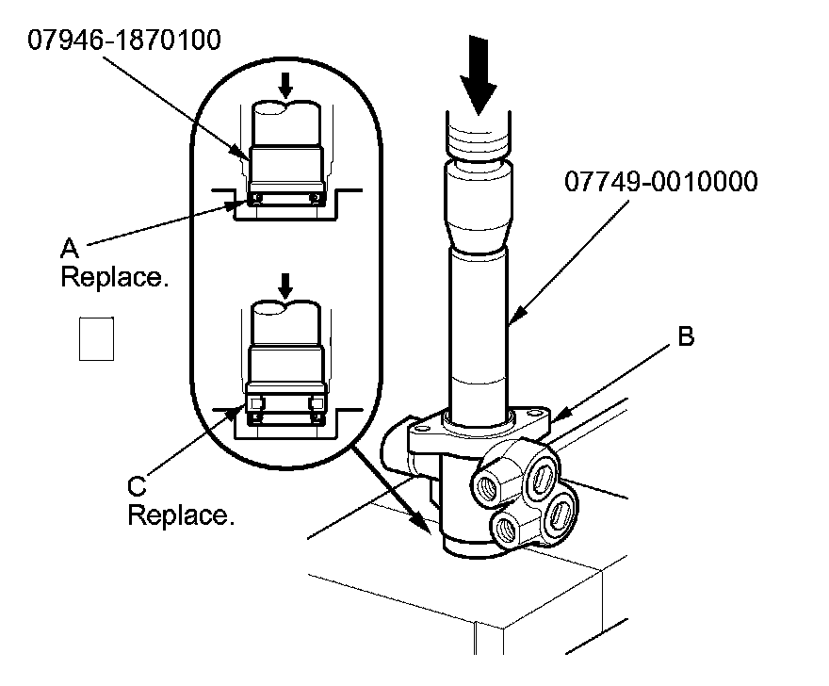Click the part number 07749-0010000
pyautogui.click(x=660, y=181)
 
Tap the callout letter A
pyautogui.click(x=69, y=247)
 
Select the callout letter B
pyautogui.click(x=687, y=337)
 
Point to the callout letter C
pyautogui.click(x=138, y=485)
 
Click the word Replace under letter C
pyautogui.click(x=179, y=515)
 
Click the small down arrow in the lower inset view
pyautogui.click(x=285, y=285)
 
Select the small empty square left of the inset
pyautogui.click(x=96, y=338)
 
